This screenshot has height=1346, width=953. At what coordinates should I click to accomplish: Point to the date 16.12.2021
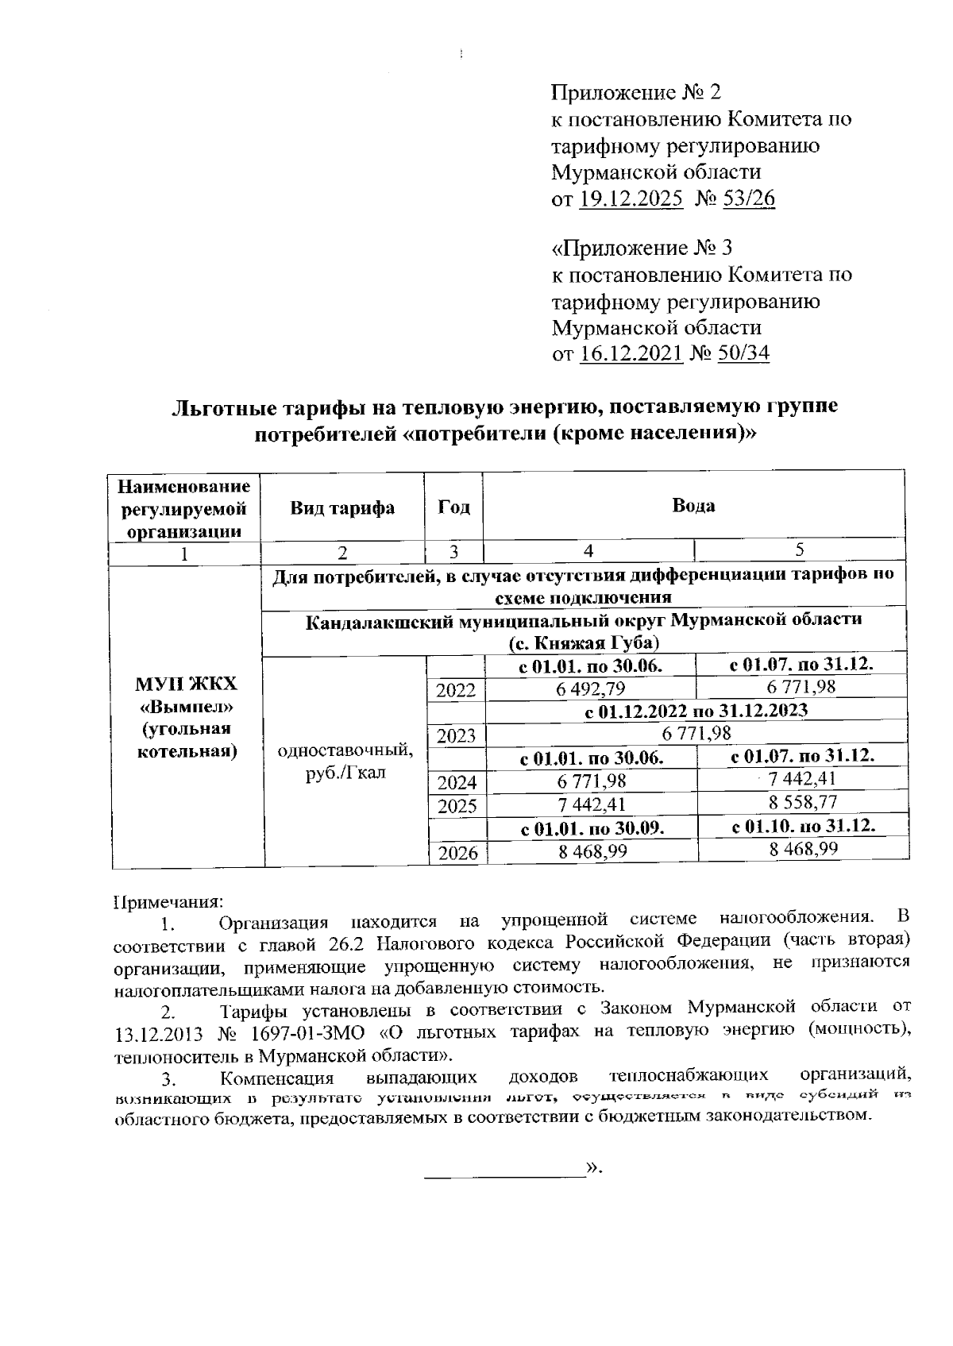[631, 353]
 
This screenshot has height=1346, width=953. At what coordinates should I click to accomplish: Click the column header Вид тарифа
[341, 508]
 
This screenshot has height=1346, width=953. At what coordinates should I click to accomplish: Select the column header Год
[453, 508]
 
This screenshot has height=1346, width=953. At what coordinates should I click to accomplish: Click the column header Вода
[693, 506]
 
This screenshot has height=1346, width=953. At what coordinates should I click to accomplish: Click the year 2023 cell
[456, 736]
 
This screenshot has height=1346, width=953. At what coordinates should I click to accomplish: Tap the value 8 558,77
[803, 803]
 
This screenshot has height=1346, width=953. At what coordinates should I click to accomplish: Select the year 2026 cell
[456, 854]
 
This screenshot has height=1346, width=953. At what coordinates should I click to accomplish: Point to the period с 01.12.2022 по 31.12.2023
[696, 711]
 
